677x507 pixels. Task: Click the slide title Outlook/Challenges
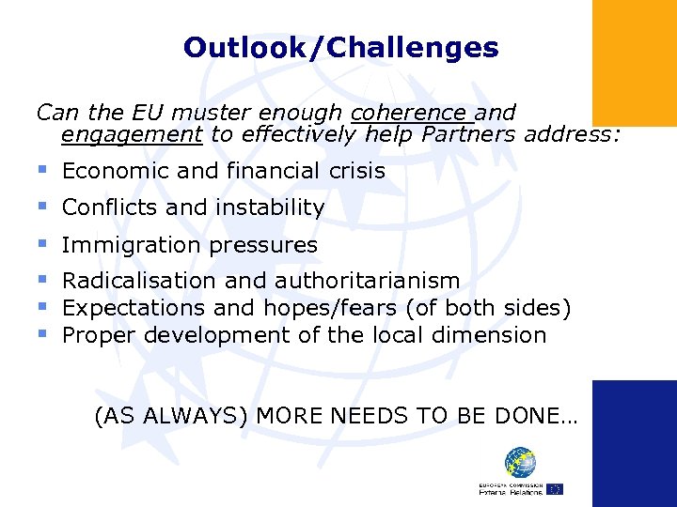pyautogui.click(x=340, y=47)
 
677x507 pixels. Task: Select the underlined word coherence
pyautogui.click(x=410, y=114)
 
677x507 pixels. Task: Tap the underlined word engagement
pyautogui.click(x=132, y=135)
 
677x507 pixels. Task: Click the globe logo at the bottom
pyautogui.click(x=520, y=463)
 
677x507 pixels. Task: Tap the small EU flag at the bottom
pyautogui.click(x=555, y=488)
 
